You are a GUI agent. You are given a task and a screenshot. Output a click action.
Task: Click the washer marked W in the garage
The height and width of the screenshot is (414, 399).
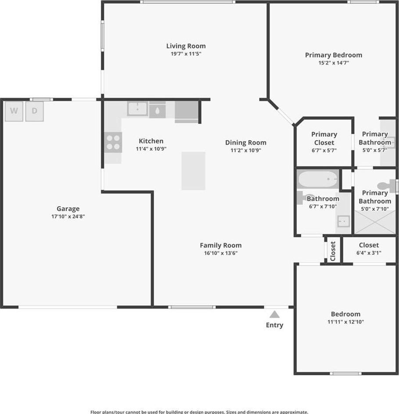point(14,111)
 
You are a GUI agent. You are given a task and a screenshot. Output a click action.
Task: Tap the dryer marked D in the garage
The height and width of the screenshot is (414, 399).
point(35,111)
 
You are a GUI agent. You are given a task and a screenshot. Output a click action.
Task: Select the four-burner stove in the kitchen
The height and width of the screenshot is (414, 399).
point(113,142)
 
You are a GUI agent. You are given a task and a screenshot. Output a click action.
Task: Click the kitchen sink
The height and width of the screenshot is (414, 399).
point(137,109)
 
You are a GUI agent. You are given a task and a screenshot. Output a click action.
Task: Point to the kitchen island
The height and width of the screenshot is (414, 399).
point(193,171)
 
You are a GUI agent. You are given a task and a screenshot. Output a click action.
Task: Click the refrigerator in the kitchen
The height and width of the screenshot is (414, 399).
point(187,112)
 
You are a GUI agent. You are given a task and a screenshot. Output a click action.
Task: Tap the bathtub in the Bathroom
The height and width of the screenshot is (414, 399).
point(318,179)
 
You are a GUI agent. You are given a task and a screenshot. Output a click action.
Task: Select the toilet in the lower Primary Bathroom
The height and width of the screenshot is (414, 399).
point(387,186)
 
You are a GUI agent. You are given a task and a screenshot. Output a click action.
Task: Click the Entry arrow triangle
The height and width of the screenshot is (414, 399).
point(274,314)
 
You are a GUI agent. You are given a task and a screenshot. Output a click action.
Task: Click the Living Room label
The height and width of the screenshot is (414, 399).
point(186,46)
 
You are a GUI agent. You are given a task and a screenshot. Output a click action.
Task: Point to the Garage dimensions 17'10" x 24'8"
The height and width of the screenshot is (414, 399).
point(68,217)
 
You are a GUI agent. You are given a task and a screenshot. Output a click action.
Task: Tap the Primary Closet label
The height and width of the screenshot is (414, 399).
point(324,138)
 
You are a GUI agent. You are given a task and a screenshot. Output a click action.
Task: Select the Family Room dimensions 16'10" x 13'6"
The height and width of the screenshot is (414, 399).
point(221,253)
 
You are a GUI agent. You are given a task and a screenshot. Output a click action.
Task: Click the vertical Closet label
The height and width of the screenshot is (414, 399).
point(333,251)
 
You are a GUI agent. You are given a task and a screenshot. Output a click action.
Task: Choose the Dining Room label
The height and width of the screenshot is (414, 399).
point(246,142)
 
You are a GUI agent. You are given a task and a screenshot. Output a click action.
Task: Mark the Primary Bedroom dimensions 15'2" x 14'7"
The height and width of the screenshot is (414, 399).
point(334,63)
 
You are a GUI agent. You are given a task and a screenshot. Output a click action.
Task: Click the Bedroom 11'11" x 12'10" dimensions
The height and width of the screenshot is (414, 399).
point(346,322)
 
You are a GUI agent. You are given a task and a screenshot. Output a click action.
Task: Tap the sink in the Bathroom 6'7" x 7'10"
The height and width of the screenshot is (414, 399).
point(343,221)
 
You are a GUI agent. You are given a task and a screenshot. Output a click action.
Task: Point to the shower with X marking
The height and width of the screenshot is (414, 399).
point(375,222)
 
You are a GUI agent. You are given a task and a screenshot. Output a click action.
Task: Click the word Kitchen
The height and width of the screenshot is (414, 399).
point(151,141)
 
